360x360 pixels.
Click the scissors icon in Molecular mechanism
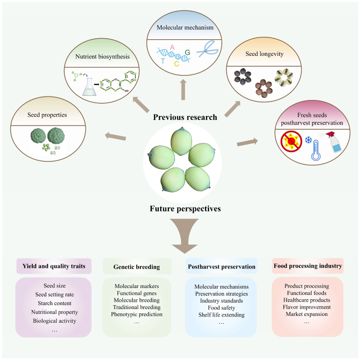coord(207,48)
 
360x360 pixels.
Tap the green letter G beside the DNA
coord(187,52)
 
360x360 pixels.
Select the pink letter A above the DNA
coord(172,48)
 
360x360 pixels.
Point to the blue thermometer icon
coord(316,150)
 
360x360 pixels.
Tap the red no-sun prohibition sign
coord(291,142)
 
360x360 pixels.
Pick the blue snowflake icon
coord(309,140)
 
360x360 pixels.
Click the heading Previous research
coord(185,118)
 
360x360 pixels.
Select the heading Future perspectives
coord(185,209)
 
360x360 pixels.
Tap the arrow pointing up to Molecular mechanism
coord(183,90)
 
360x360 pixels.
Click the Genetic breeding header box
coord(137,266)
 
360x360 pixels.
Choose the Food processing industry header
coord(308,266)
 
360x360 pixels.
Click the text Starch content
coord(55,303)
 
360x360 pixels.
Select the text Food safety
coord(221,308)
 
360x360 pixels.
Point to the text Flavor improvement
coord(307,307)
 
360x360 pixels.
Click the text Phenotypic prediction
coord(137,314)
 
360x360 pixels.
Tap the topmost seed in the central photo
coord(181,141)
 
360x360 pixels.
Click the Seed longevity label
coord(264,54)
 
